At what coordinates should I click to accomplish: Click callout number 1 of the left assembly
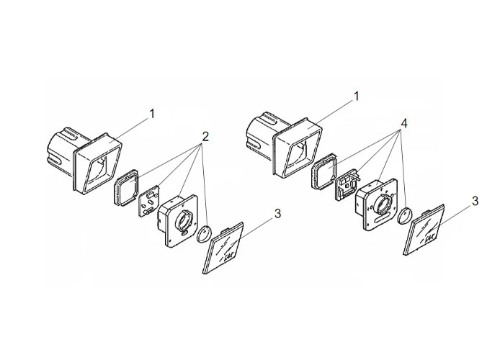151,113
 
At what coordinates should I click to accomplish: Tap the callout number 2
205,136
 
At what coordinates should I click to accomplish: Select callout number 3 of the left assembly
278,214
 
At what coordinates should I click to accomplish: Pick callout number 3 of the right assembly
475,202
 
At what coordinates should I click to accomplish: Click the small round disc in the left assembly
205,233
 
